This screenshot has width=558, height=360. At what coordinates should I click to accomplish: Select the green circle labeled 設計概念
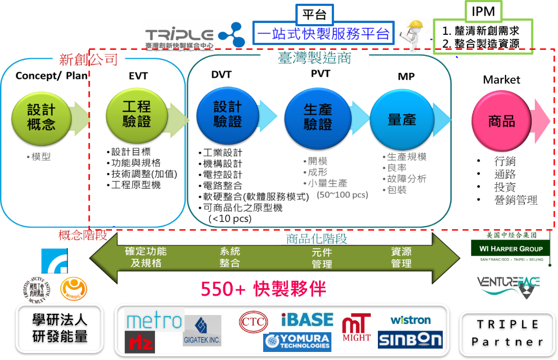pyautogui.click(x=41, y=117)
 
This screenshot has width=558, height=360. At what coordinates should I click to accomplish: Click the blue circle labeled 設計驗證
pyautogui.click(x=227, y=114)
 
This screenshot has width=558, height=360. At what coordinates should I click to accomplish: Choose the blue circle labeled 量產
pyautogui.click(x=401, y=119)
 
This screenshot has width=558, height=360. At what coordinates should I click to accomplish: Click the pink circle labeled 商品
pyautogui.click(x=502, y=121)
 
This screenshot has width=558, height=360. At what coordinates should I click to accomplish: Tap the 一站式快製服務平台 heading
pyautogui.click(x=324, y=34)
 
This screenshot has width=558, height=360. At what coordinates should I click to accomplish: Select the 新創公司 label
pyautogui.click(x=88, y=59)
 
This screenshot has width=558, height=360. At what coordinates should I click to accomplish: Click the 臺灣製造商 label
pyautogui.click(x=315, y=58)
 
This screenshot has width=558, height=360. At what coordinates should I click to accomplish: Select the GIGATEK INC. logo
pyautogui.click(x=202, y=331)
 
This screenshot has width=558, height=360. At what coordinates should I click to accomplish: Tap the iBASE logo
pyautogui.click(x=307, y=320)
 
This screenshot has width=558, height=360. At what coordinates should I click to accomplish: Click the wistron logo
pyautogui.click(x=411, y=320)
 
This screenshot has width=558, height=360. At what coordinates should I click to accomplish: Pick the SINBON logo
pyautogui.click(x=410, y=340)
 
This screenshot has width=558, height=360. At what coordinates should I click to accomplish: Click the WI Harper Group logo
pyautogui.click(x=507, y=249)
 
